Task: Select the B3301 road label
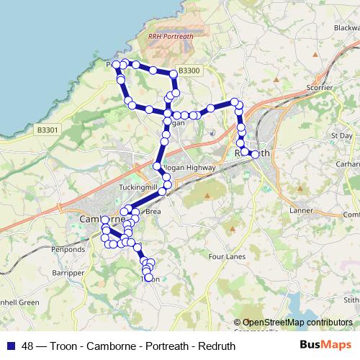[x=47, y=130]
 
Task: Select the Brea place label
[x=153, y=212]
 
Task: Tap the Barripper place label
[x=68, y=273]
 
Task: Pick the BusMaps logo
[x=330, y=346]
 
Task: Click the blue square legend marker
[x=10, y=346]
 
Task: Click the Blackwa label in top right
[x=346, y=28]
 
